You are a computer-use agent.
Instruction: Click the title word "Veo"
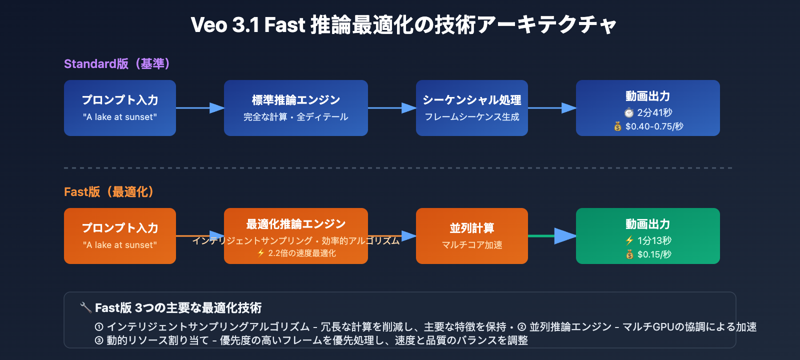[x=209, y=25]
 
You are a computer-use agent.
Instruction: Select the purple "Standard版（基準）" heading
[x=117, y=64]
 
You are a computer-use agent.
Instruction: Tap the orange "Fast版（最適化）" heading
[x=109, y=192]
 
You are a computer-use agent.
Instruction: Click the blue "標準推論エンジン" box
[x=295, y=108]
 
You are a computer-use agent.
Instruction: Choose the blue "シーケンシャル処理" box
[x=471, y=108]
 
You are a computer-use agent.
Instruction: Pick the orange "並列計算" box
[x=471, y=236]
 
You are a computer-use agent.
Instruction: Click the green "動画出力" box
[x=647, y=236]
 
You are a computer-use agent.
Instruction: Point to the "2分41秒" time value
[x=654, y=112]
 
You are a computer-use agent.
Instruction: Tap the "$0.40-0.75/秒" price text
[x=654, y=126]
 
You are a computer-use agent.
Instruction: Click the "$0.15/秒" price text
[x=654, y=254]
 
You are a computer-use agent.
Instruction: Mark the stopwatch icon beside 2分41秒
[x=629, y=112]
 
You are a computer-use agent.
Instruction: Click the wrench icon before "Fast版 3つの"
[x=85, y=307]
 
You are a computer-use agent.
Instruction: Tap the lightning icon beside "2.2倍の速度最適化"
[x=261, y=253]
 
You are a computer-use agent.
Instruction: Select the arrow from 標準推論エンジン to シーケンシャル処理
[x=392, y=108]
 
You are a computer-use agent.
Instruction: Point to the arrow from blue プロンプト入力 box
[x=200, y=108]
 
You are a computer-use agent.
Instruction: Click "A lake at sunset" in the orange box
[x=120, y=245]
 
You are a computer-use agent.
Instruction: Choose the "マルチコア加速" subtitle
[x=471, y=245]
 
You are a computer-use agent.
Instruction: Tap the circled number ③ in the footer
[x=99, y=340]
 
